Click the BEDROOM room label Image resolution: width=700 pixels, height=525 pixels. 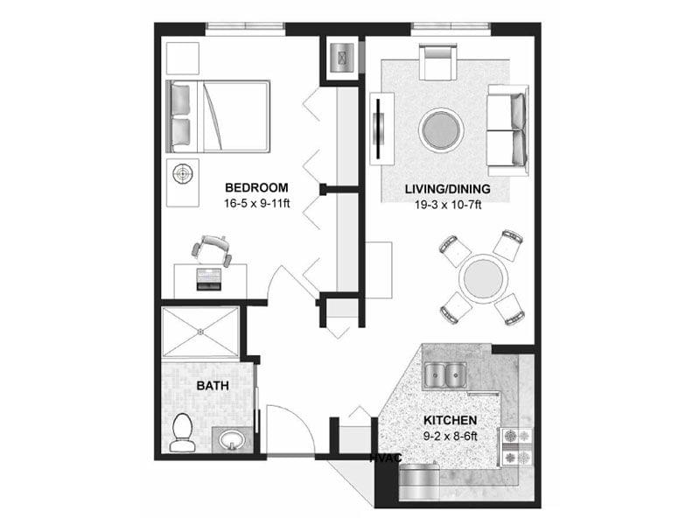pyautogui.click(x=256, y=187)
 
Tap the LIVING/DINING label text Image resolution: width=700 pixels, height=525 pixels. pyautogui.click(x=446, y=190)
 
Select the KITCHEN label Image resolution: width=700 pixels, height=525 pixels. pyautogui.click(x=451, y=419)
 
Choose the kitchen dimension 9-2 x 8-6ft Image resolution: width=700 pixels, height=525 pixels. pyautogui.click(x=451, y=435)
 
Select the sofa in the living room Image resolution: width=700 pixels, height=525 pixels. pyautogui.click(x=508, y=129)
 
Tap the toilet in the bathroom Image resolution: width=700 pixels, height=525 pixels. pyautogui.click(x=182, y=434)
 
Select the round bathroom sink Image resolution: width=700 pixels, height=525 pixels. pyautogui.click(x=231, y=438)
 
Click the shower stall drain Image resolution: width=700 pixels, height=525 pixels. pyautogui.click(x=199, y=331)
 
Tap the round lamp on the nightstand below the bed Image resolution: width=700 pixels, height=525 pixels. pyautogui.click(x=183, y=173)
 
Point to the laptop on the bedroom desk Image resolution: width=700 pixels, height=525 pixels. pyautogui.click(x=209, y=278)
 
